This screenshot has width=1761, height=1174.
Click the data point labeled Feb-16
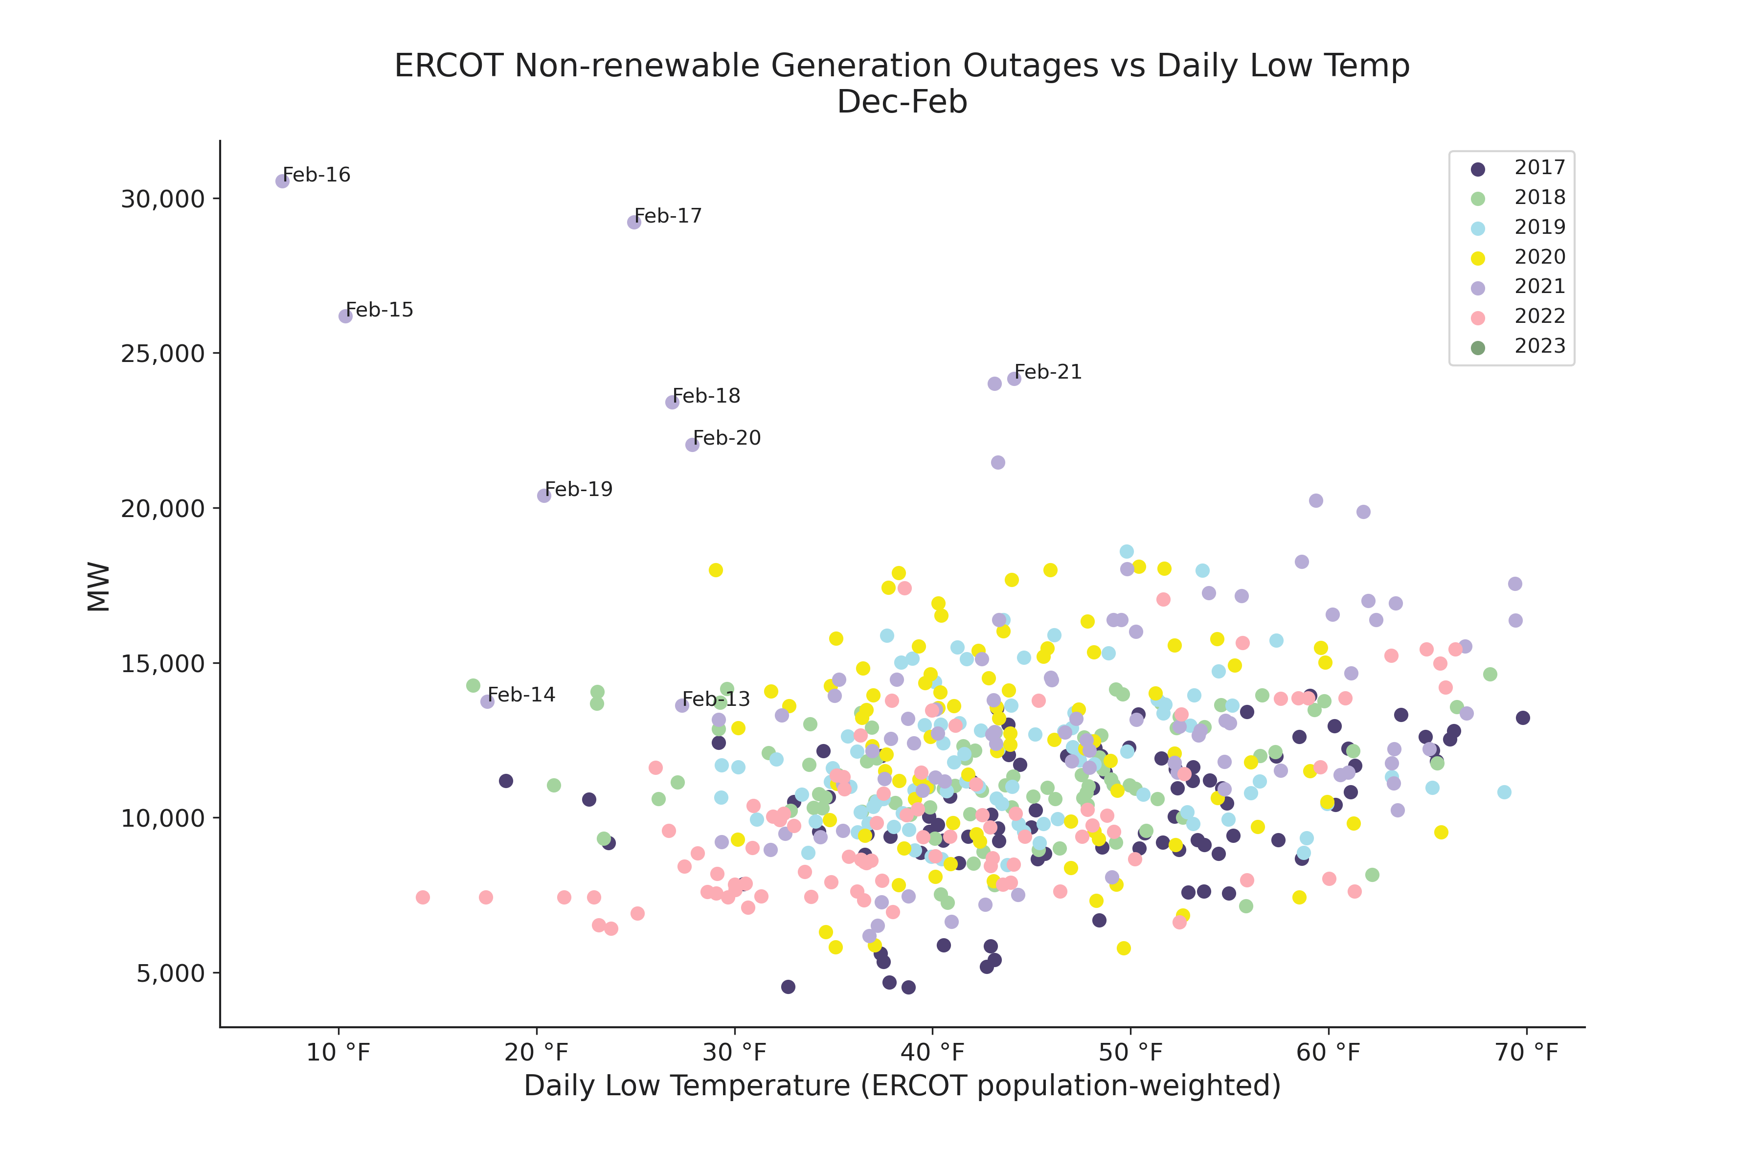tap(282, 181)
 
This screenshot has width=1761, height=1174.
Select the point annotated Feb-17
tap(634, 223)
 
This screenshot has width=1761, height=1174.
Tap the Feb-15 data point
tap(345, 316)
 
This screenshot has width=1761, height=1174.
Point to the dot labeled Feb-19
tap(544, 496)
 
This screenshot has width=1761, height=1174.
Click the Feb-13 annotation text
tap(716, 700)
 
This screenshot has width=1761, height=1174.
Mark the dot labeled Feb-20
tap(693, 445)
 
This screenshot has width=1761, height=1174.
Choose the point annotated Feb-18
tap(672, 402)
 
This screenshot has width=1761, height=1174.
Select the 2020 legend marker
tap(1478, 258)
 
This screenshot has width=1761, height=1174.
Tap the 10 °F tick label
tap(339, 1053)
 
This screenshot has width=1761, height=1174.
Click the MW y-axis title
tap(99, 587)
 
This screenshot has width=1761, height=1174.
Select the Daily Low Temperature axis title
tap(902, 1085)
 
